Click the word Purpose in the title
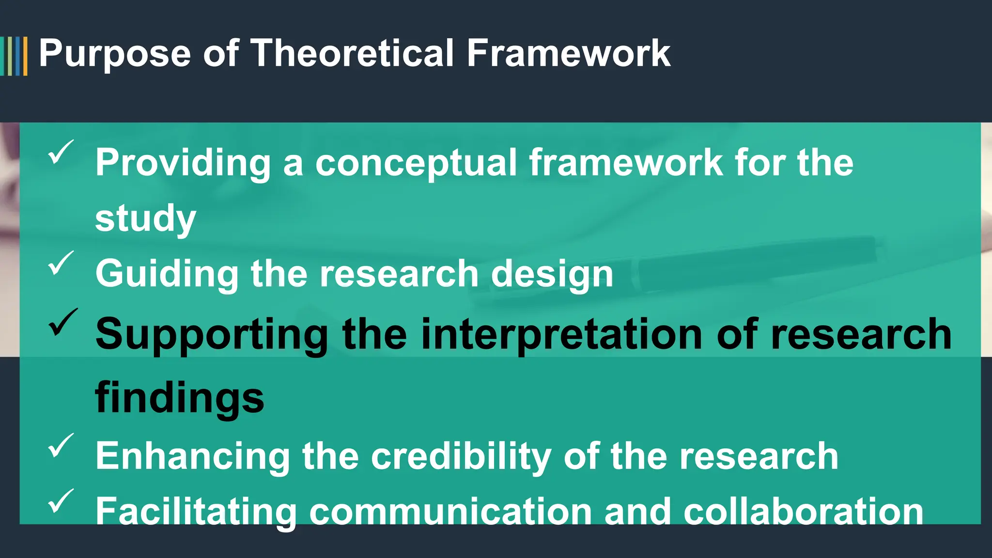(x=115, y=54)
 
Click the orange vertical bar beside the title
(x=25, y=56)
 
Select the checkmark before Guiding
(x=61, y=263)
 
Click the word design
(x=552, y=274)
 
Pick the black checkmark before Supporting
(x=62, y=322)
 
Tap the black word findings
(x=179, y=398)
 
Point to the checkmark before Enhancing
(x=61, y=445)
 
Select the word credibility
(x=461, y=456)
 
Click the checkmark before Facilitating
(x=61, y=501)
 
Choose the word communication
(x=450, y=512)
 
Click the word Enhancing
(x=192, y=456)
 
